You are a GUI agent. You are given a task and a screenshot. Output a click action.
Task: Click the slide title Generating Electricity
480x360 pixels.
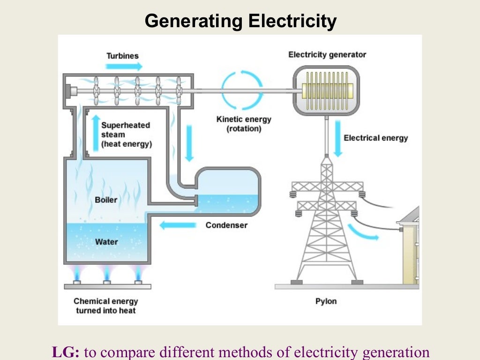click(240, 22)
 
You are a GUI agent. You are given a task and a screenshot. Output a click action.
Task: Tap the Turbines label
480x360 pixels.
click(122, 56)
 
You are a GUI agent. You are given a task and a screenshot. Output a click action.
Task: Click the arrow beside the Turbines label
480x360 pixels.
click(118, 66)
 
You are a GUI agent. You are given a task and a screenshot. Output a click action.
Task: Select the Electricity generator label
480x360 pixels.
click(327, 55)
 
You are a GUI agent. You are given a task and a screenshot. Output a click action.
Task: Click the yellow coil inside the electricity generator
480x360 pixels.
click(327, 90)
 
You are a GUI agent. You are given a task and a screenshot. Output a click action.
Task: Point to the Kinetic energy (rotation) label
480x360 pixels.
click(243, 124)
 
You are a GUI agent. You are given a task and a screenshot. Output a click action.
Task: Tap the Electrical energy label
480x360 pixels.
click(375, 138)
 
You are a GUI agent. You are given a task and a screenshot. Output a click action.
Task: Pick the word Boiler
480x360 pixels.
click(106, 200)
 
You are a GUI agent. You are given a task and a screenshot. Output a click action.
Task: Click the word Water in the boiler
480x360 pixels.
click(106, 242)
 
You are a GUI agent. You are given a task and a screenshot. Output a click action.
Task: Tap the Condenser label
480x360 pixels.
click(226, 225)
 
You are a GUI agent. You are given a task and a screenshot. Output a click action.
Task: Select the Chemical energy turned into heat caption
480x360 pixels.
click(105, 306)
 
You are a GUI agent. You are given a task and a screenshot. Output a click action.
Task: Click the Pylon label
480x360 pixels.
click(326, 301)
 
